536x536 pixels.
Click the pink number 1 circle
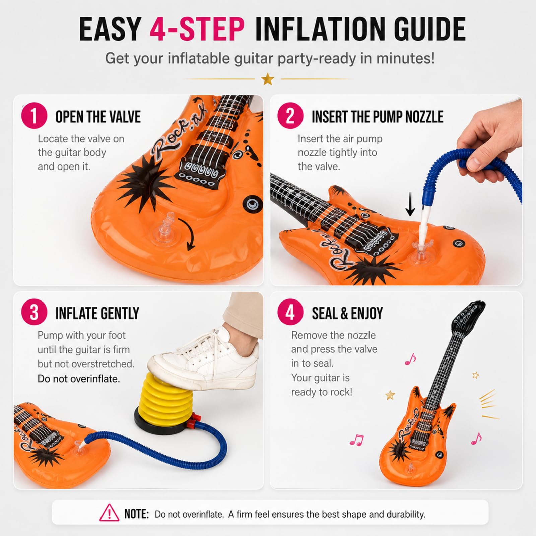pos(34,116)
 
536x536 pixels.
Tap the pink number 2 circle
pos(290,116)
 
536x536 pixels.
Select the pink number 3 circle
pos(34,312)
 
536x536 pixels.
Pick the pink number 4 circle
pos(290,312)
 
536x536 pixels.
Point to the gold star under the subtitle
pos(268,79)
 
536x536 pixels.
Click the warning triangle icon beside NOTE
pos(109,513)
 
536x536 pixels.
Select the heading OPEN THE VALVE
pos(98,117)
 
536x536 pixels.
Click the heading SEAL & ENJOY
pos(347,313)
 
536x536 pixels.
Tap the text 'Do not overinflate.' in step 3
pos(79,379)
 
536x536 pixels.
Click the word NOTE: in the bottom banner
pos(137,514)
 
